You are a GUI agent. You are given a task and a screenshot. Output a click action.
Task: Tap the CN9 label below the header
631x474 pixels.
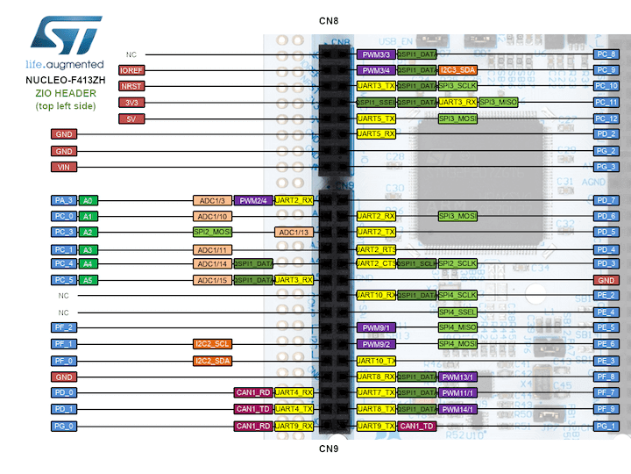pos(328,449)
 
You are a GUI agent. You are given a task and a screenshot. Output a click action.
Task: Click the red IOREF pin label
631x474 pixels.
pos(131,70)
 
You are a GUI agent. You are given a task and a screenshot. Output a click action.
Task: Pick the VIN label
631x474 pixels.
pos(64,167)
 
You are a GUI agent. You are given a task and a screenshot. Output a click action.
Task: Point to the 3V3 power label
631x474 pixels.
pos(131,103)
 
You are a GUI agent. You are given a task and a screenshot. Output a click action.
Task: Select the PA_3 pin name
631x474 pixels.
pos(64,200)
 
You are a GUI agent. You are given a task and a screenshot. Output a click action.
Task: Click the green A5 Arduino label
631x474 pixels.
pos(88,280)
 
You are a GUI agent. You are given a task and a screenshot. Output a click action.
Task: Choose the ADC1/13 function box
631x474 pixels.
pos(294,232)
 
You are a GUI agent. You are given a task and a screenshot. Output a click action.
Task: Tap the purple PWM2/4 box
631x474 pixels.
pos(253,200)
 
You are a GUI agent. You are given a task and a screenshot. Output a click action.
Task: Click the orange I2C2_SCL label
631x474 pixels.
pos(213,344)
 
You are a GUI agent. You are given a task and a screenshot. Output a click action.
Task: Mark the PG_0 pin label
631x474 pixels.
pos(64,426)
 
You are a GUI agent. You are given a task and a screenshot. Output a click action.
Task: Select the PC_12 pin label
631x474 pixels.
pos(606,118)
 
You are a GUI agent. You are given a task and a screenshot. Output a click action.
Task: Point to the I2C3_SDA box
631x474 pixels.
pos(458,70)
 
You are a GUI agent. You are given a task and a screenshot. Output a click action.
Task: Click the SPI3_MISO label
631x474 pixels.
pos(499,103)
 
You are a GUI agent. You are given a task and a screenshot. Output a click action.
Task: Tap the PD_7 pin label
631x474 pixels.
pos(606,200)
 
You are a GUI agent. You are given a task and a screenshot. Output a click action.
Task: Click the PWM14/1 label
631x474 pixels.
pos(458,409)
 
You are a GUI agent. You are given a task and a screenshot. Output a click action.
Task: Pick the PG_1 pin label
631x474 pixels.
pos(606,426)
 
